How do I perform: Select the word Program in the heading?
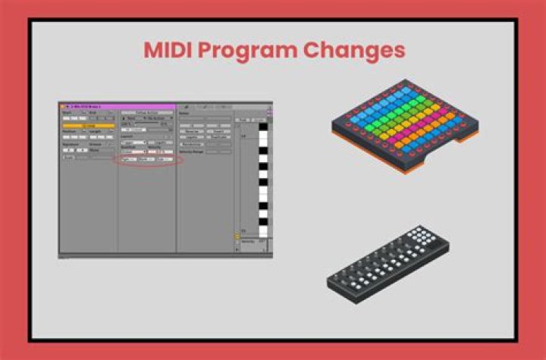[246, 50]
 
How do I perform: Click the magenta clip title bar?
[118, 107]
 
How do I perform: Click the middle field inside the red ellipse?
[146, 160]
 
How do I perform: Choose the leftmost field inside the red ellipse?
[128, 160]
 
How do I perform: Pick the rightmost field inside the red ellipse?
[163, 160]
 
